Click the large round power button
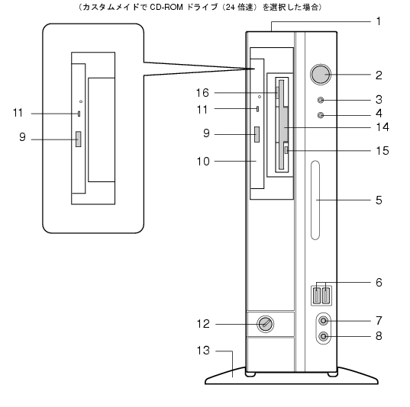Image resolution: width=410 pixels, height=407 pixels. [x=321, y=75]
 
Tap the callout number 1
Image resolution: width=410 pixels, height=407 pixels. [x=379, y=21]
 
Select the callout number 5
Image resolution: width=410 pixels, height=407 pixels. [x=379, y=200]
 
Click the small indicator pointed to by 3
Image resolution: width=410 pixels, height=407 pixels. [x=321, y=100]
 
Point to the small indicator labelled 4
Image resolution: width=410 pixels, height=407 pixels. [x=321, y=115]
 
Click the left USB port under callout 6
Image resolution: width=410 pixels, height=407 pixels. [x=317, y=295]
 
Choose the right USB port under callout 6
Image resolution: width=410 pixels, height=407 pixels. [x=326, y=295]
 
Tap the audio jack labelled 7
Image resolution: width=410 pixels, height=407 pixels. [x=324, y=321]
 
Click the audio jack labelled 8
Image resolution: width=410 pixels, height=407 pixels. [x=324, y=336]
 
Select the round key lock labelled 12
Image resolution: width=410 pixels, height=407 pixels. [x=265, y=324]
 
